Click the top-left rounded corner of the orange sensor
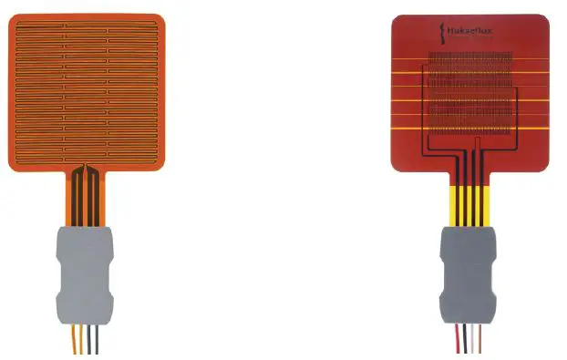point(12,15)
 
